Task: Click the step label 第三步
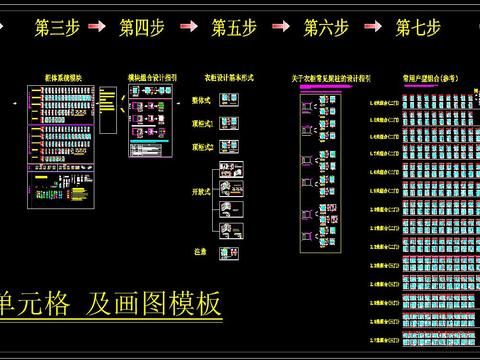click(57, 28)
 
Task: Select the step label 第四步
click(142, 28)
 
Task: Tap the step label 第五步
click(233, 28)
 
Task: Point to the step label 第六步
click(326, 28)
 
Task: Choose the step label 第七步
click(418, 28)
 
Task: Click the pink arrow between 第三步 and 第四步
click(100, 28)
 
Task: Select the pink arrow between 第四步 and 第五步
click(187, 28)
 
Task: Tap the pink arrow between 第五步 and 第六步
click(280, 28)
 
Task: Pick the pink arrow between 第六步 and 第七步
click(372, 28)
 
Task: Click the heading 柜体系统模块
click(61, 76)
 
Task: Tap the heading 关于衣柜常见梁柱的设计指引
click(331, 77)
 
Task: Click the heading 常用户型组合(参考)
click(424, 77)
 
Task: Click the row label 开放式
click(201, 189)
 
